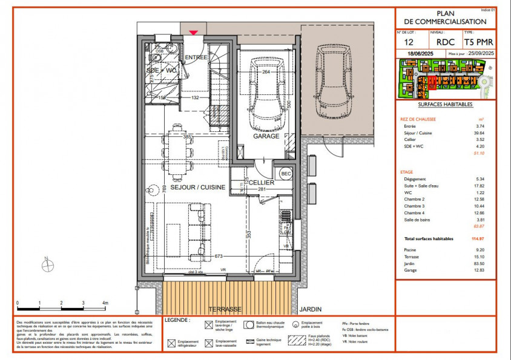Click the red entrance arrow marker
(193, 33)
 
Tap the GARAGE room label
(266, 136)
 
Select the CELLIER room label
(262, 182)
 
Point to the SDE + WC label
(162, 70)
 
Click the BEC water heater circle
(286, 172)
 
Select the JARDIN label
(310, 309)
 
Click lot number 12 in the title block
(409, 42)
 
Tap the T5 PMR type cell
(479, 42)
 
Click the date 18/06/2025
(421, 54)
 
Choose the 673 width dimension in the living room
(219, 256)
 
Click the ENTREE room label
(196, 57)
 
